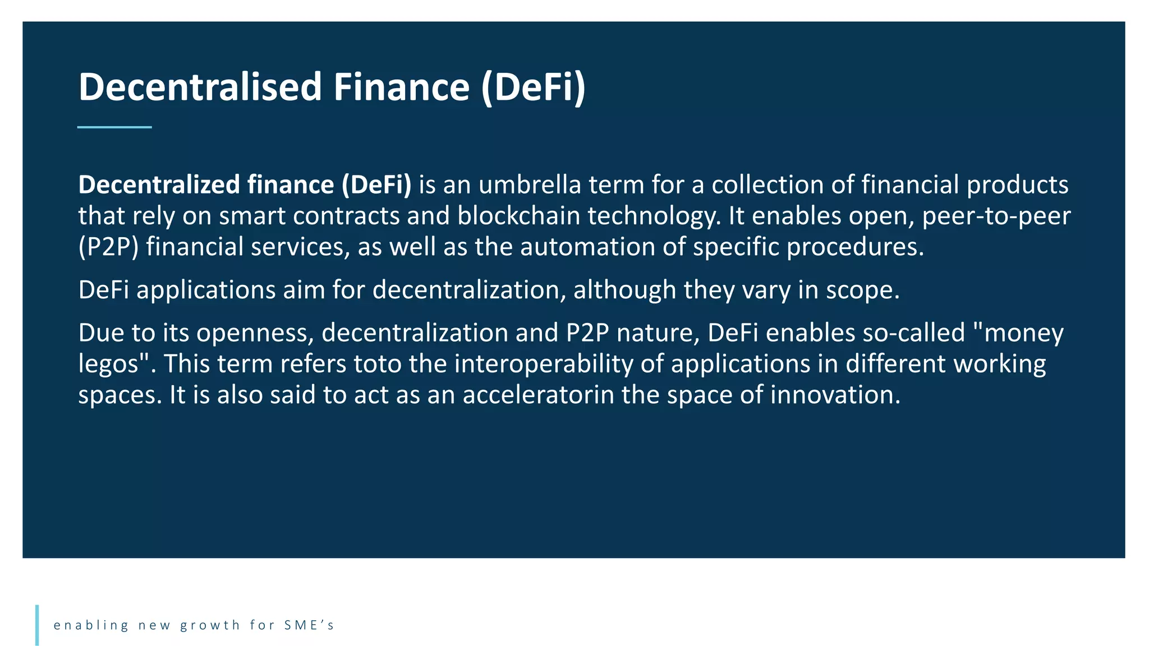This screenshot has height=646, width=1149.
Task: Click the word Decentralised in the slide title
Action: (x=200, y=87)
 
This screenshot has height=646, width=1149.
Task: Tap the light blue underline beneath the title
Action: (x=114, y=127)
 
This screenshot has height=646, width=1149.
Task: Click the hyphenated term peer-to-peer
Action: (x=996, y=216)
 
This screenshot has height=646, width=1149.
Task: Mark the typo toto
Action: (x=378, y=364)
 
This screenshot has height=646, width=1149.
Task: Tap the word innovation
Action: (x=835, y=395)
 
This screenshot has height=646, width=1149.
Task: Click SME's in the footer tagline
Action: (x=309, y=625)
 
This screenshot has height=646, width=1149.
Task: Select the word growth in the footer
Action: (x=210, y=625)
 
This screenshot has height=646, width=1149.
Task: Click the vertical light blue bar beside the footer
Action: (x=37, y=625)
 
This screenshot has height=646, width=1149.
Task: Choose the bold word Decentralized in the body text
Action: (x=159, y=184)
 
